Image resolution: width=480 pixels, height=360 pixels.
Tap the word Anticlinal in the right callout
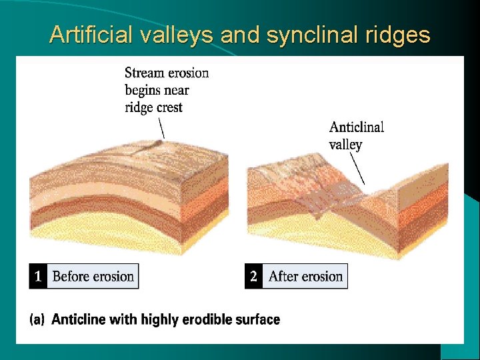(x=357, y=127)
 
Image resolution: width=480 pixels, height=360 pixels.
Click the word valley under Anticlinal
(x=345, y=144)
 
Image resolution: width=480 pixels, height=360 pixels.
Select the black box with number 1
(x=38, y=276)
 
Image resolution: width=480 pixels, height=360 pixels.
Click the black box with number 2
(x=253, y=276)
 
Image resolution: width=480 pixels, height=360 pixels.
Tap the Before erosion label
(x=93, y=276)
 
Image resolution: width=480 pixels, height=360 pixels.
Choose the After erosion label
(x=305, y=276)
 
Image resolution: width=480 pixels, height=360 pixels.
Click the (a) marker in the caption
(x=38, y=320)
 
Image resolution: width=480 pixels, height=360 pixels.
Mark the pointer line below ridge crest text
(x=161, y=127)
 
